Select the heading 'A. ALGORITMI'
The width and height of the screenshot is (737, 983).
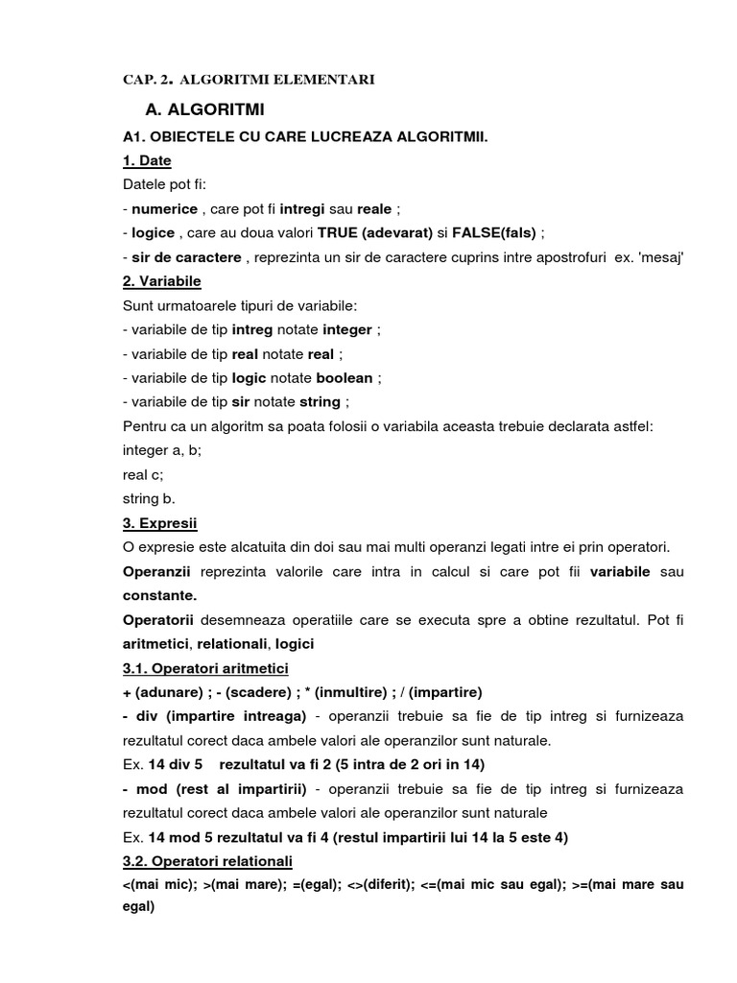[x=203, y=110]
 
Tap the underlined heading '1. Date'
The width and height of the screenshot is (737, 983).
[x=147, y=160]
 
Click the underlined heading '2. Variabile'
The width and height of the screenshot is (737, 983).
[x=162, y=281]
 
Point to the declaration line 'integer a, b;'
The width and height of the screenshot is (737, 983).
[x=162, y=450]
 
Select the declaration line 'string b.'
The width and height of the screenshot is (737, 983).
[x=150, y=498]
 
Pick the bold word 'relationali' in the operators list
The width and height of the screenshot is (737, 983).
[x=234, y=643]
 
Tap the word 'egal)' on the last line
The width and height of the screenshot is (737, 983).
[x=138, y=908]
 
